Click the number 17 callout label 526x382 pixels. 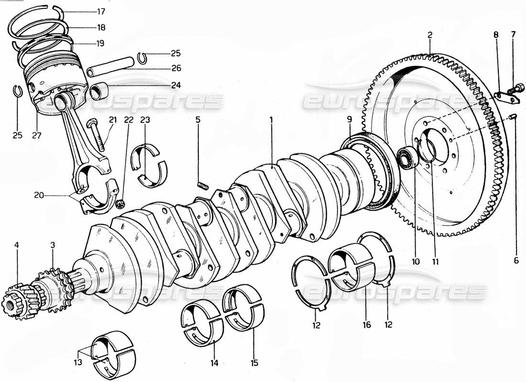[101, 11]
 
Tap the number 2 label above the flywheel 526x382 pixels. [430, 35]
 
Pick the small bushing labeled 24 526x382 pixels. [98, 89]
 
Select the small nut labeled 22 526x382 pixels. [120, 206]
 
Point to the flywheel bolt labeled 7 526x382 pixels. [515, 88]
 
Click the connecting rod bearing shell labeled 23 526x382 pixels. [149, 165]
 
